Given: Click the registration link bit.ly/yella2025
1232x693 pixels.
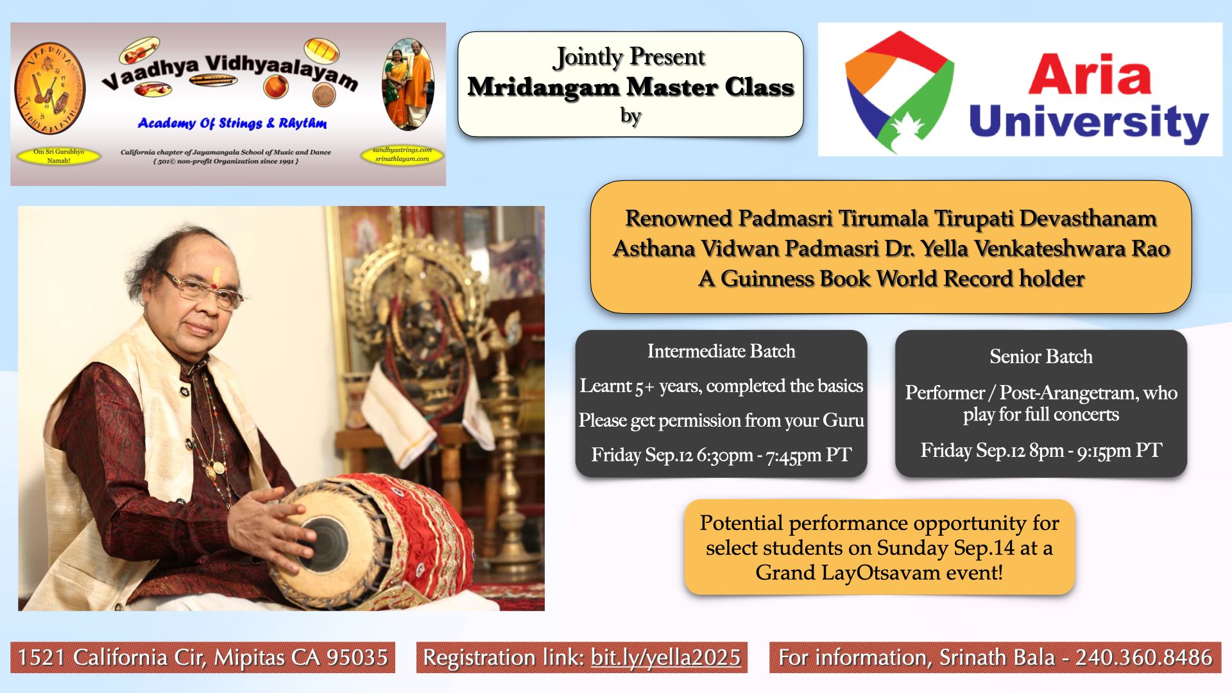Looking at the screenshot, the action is (665, 658).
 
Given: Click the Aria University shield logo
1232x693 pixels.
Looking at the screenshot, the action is (899, 91).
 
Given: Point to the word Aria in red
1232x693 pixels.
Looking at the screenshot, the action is (1090, 74).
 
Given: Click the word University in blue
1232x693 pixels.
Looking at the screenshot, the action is (1089, 123).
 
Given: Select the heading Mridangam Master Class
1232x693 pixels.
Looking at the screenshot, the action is (631, 87).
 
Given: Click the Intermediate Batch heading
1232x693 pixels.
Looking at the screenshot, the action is (721, 351).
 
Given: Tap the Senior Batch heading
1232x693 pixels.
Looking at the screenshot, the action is (1041, 356).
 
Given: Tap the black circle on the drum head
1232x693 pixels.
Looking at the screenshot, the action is (324, 545).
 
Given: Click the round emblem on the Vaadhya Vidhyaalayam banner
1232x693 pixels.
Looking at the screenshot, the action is (50, 89).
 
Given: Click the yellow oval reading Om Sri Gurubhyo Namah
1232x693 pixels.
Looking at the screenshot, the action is (58, 156).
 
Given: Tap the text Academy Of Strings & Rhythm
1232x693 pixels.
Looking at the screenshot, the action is (232, 123).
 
